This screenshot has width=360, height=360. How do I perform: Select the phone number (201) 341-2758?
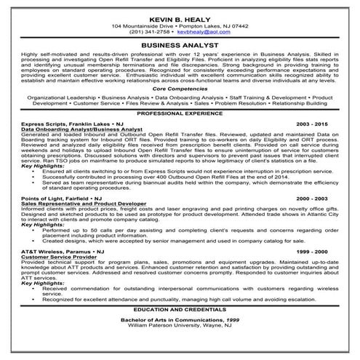150,32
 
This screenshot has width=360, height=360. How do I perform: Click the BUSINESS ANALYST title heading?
180,44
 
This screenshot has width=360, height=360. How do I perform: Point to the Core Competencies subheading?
180,87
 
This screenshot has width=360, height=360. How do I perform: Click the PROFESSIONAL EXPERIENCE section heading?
180,115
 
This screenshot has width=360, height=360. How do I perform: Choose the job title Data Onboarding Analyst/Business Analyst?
81,130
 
